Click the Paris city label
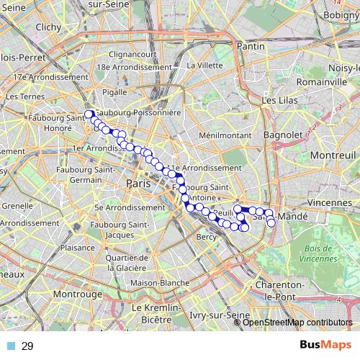[138, 184]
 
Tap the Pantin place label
[251, 45]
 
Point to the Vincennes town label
[330, 203]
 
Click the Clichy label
[48, 27]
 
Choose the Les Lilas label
[279, 101]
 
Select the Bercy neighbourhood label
[207, 237]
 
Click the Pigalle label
[115, 92]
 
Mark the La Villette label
[204, 65]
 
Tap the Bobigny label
[341, 14]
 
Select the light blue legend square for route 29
[11, 346]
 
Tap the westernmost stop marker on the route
[89, 114]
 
